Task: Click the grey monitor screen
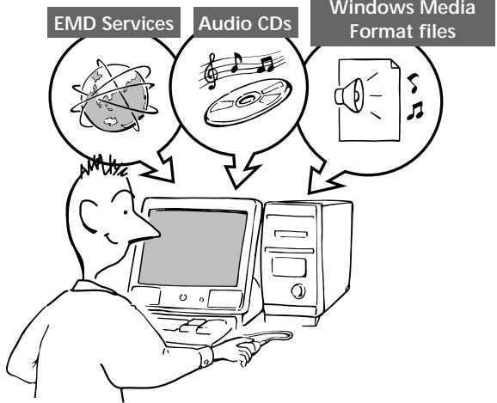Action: point(199,250)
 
